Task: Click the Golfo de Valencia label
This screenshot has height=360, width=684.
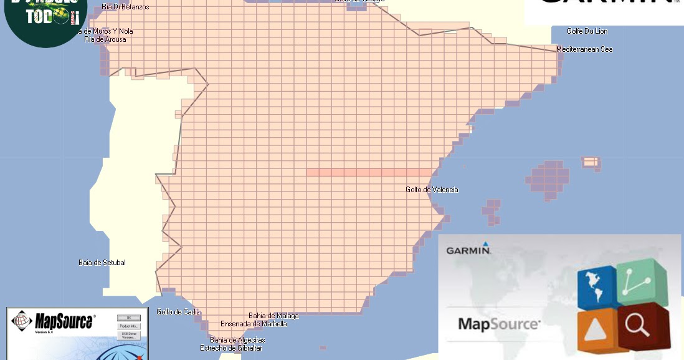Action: tap(432, 190)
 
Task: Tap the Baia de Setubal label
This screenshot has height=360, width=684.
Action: tap(102, 263)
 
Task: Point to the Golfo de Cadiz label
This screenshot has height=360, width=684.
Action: tap(178, 312)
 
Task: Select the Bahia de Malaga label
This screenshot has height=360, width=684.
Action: tap(273, 316)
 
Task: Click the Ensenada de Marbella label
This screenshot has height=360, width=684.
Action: tap(254, 324)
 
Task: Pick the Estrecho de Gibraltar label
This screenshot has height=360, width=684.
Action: tap(230, 348)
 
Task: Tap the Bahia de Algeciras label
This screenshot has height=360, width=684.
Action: tap(237, 340)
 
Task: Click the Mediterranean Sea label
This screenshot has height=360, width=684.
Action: tap(584, 49)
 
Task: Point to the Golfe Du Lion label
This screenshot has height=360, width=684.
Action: tap(587, 31)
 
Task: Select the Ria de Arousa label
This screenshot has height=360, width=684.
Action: tap(105, 39)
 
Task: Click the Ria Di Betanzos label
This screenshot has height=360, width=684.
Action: tap(125, 7)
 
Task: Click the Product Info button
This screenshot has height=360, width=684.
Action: tap(128, 326)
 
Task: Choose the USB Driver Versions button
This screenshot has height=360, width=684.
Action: tap(128, 336)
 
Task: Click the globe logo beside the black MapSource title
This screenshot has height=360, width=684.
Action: tap(21, 322)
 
